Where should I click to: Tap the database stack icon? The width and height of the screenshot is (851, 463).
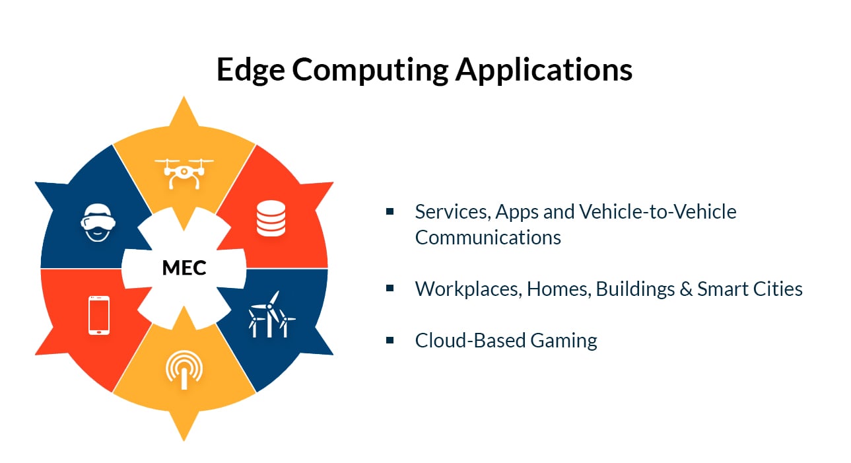271,219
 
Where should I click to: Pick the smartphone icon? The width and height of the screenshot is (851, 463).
99,315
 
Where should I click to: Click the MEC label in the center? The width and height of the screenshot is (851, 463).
184,268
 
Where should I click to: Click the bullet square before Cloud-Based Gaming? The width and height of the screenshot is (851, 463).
390,339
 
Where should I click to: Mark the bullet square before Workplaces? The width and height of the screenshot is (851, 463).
390,288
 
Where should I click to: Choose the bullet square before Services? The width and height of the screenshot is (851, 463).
390,211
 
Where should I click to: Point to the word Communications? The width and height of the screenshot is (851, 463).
488,237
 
